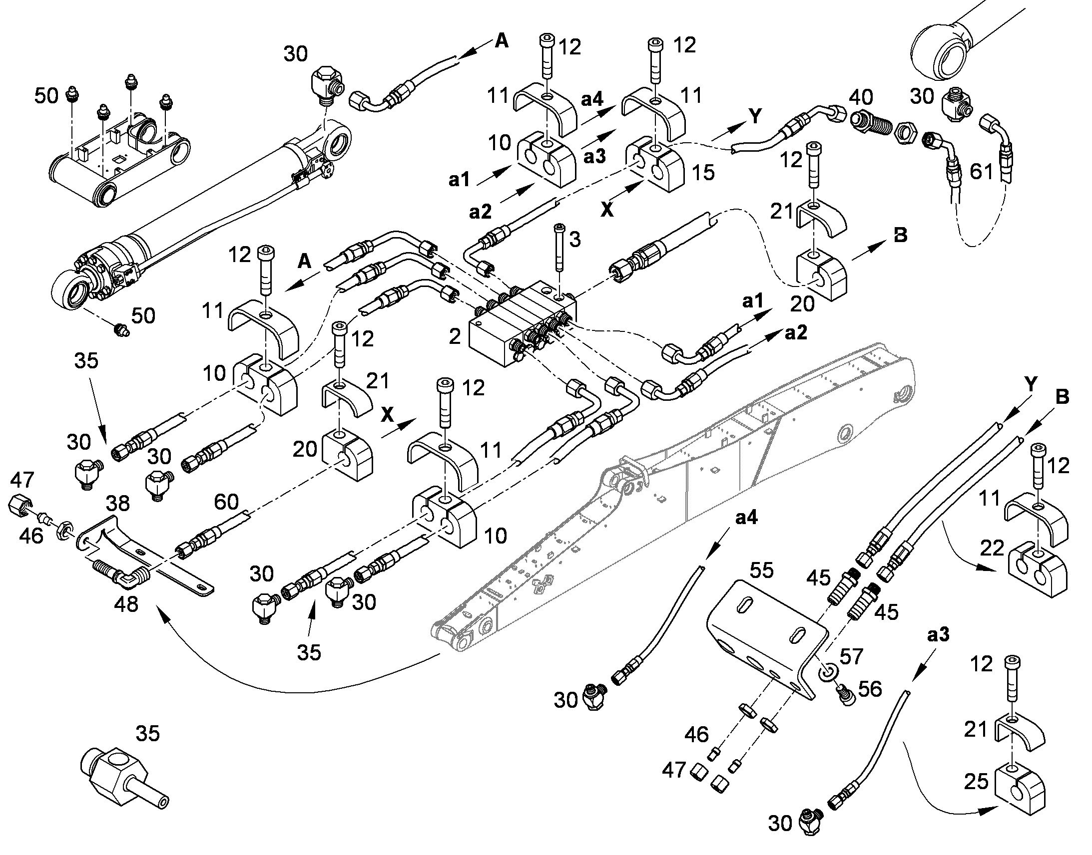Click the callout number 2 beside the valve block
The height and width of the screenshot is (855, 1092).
pos(454,336)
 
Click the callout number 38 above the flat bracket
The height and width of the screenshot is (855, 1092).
pos(119,503)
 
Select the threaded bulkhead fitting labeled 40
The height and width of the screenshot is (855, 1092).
pos(872,126)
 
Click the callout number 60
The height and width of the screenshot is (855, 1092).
pos(226,501)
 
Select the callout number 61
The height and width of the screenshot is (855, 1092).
pos(981,172)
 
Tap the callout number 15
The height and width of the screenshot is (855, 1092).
pos(703,172)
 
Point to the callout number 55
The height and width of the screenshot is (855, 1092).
pos(761,570)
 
